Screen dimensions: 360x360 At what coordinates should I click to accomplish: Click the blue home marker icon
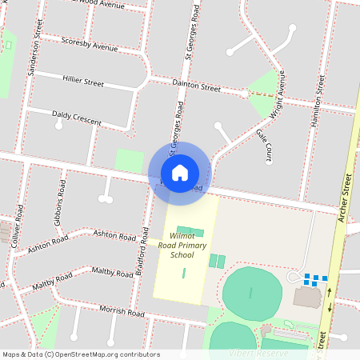pyautogui.click(x=179, y=173)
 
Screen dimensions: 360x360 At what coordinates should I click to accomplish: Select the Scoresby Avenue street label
pyautogui.click(x=89, y=46)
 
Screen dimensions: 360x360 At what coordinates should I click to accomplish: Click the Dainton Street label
pyautogui.click(x=196, y=86)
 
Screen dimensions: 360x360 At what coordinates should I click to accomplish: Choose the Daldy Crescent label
pyautogui.click(x=77, y=118)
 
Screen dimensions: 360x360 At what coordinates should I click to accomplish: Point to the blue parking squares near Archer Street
pyautogui.click(x=315, y=279)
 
